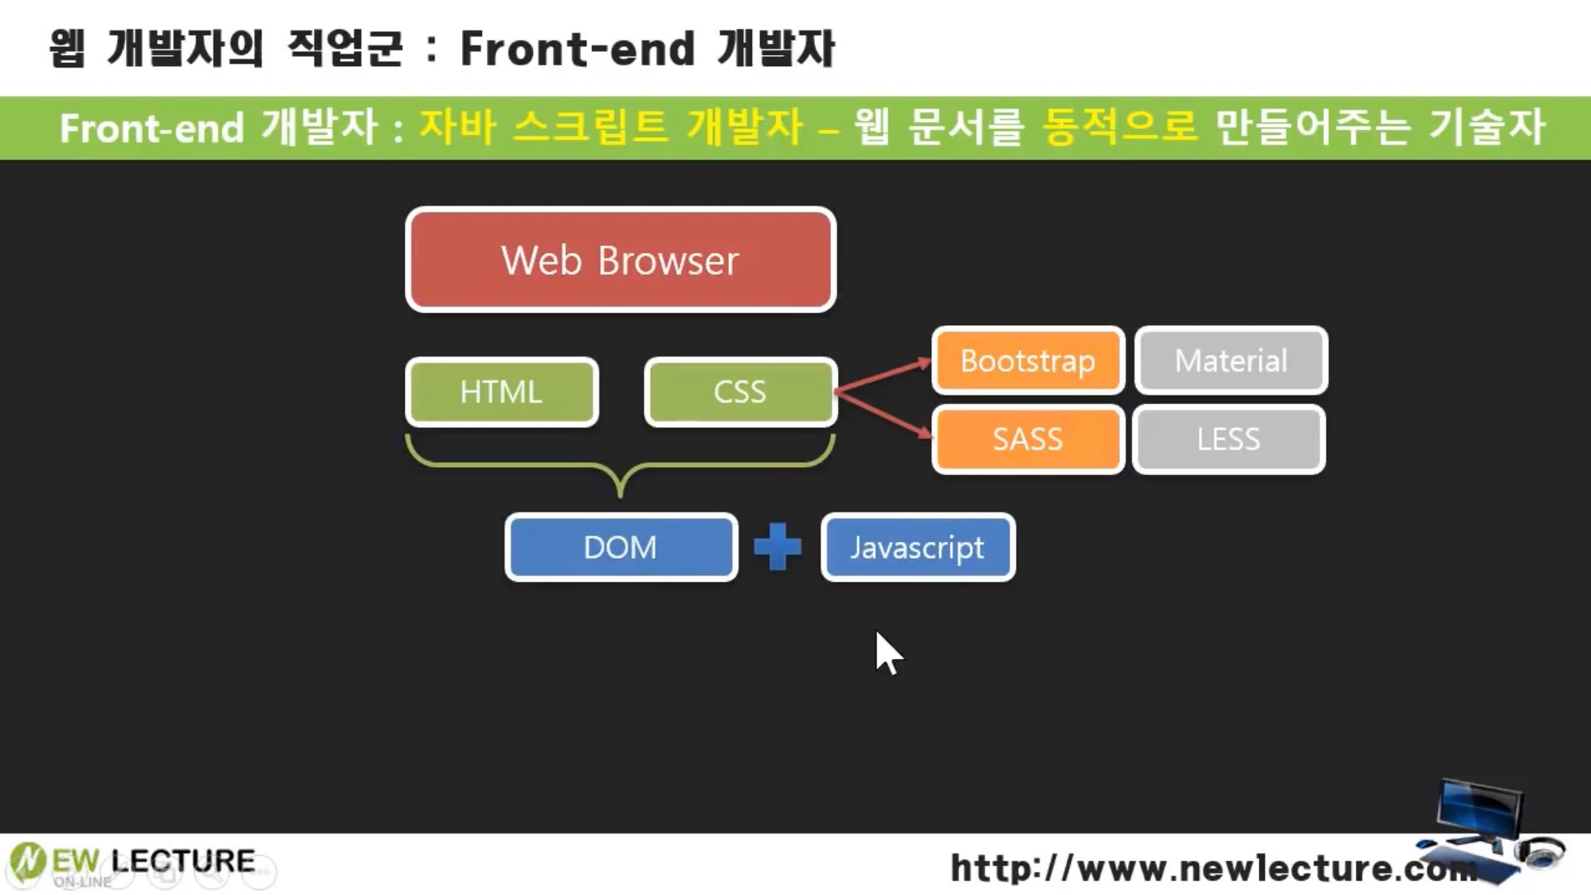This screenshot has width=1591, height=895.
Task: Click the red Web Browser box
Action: (x=620, y=260)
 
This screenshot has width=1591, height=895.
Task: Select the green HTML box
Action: (x=501, y=392)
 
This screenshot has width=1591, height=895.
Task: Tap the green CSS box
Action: (x=740, y=392)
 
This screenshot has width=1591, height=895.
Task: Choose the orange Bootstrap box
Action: (x=1027, y=361)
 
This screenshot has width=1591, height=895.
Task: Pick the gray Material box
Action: (x=1231, y=361)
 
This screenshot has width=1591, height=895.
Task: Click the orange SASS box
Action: (x=1027, y=439)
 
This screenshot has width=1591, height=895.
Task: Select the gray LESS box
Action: (x=1229, y=439)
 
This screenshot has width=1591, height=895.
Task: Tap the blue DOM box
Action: (x=621, y=548)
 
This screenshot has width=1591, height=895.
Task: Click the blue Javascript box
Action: (x=918, y=548)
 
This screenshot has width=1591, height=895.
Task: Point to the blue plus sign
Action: (x=778, y=548)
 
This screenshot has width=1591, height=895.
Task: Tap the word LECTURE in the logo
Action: (x=183, y=861)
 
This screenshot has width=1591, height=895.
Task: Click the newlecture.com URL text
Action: (x=1211, y=868)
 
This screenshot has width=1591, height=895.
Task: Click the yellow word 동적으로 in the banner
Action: (x=1119, y=128)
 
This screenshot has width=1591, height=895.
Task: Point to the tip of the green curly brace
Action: (x=621, y=494)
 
